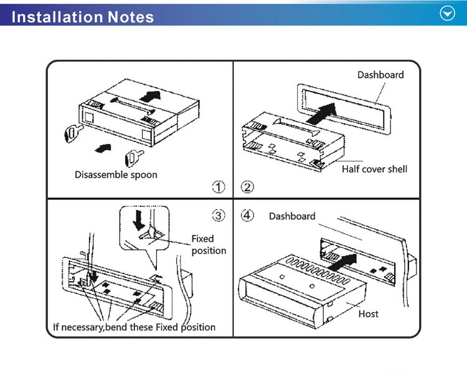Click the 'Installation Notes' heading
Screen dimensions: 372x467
point(83,16)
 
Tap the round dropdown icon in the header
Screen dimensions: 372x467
point(448,14)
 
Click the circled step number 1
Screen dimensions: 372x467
point(219,186)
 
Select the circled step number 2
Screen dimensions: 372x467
point(247,186)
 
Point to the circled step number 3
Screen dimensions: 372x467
point(219,216)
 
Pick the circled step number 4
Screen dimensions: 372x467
point(248,216)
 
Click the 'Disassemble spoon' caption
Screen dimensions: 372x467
point(116,174)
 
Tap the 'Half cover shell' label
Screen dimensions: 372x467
point(374,169)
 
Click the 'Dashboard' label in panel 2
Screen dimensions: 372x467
point(380,75)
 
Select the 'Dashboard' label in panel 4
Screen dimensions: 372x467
point(292,216)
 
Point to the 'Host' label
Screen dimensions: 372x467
point(368,313)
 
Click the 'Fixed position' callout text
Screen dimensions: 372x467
point(208,244)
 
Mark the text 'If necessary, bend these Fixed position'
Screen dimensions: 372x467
point(134,327)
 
